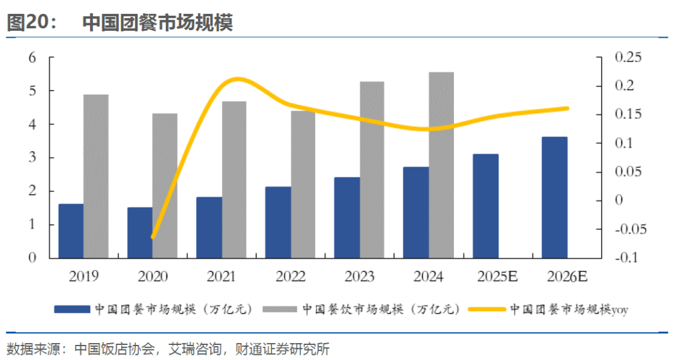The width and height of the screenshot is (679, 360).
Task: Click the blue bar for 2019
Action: coord(71,231)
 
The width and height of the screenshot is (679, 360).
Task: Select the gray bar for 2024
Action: coord(441,165)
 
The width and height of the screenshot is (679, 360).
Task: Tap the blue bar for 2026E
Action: coord(555,197)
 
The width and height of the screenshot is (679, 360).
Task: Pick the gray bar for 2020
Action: coord(165,186)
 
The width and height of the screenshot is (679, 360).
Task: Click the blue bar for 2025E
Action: coord(485,206)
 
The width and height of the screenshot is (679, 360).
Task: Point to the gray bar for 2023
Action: coord(372,170)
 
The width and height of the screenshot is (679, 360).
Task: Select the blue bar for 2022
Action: coord(279,222)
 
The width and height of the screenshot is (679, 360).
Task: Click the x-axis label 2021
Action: coord(221,276)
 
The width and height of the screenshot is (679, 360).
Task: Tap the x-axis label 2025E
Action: coord(498,276)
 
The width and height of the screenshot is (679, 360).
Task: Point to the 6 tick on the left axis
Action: coord(33,58)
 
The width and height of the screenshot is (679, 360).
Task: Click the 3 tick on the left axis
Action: coord(33,158)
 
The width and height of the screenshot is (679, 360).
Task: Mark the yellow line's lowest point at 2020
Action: coord(153,237)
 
